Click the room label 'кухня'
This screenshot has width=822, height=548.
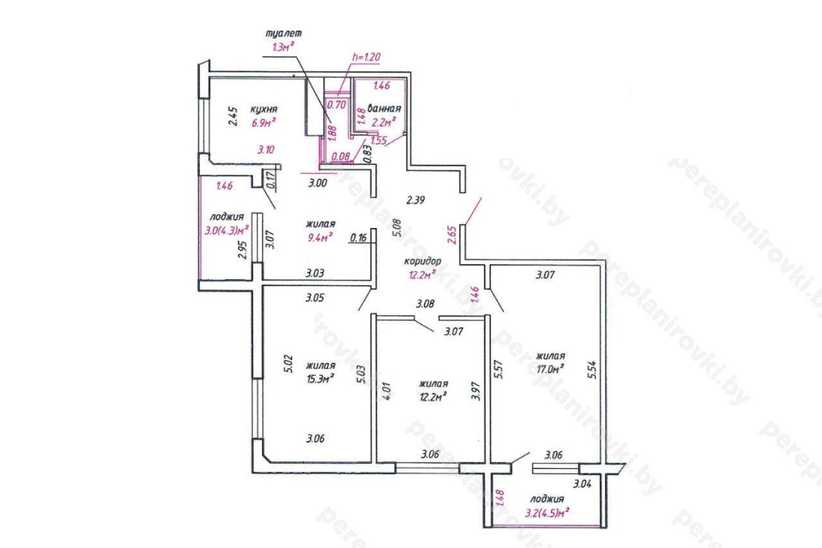click(x=264, y=109)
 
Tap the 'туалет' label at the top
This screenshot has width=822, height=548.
click(x=284, y=33)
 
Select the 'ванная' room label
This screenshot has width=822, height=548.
click(x=384, y=109)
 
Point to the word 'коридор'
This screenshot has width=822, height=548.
click(x=423, y=261)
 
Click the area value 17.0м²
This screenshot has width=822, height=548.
click(x=550, y=369)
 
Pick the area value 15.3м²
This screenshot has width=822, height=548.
click(x=320, y=378)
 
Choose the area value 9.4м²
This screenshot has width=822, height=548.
click(x=320, y=238)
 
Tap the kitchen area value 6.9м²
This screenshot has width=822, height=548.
click(x=263, y=123)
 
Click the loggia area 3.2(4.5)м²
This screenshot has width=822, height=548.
click(x=547, y=513)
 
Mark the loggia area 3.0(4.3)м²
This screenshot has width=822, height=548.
click(x=227, y=231)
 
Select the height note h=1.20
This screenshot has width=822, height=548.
click(x=366, y=57)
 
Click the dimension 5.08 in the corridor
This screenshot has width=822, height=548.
click(x=397, y=228)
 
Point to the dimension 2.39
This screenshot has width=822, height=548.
click(x=415, y=200)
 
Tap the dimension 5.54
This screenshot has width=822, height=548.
click(x=591, y=370)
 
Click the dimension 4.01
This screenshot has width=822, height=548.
click(x=387, y=391)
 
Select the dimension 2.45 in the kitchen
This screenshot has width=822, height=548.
click(x=233, y=116)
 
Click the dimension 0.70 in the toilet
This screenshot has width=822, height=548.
click(x=336, y=105)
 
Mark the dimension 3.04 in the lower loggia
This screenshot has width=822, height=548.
click(x=582, y=484)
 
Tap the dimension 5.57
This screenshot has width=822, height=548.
click(x=498, y=369)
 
